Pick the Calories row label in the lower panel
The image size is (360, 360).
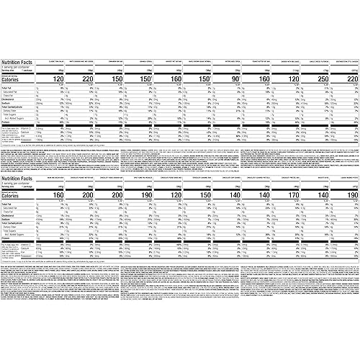[14, 194]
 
